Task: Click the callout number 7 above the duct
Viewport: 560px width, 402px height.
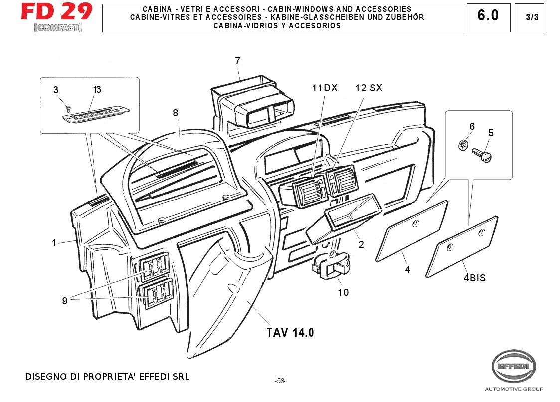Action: [238, 61]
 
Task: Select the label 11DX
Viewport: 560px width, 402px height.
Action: [325, 88]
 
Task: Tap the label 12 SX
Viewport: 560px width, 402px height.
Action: [369, 88]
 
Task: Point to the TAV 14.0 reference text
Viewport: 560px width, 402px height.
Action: [290, 332]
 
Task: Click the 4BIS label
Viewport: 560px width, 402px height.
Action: [474, 278]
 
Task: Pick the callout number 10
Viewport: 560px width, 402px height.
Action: [343, 292]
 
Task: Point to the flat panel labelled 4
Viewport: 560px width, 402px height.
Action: [412, 230]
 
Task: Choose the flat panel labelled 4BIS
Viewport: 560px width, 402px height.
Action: [462, 246]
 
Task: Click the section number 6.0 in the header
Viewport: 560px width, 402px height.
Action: [488, 16]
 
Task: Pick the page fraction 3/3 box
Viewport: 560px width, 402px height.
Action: [532, 17]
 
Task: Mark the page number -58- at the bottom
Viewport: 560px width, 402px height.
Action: [280, 381]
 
